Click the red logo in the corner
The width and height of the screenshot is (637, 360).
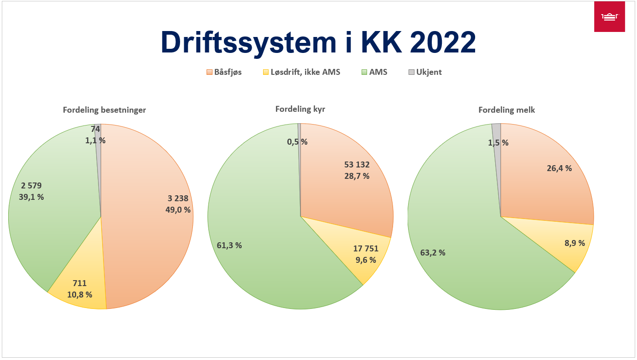(x=609, y=17)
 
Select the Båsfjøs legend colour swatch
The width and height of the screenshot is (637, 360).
(x=209, y=72)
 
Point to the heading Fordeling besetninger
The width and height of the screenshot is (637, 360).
(x=104, y=110)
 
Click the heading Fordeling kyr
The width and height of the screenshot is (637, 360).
(x=300, y=109)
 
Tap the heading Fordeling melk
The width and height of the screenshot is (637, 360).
(x=500, y=110)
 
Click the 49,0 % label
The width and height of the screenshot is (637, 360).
(x=178, y=210)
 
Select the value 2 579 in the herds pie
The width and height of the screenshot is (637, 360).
(x=31, y=186)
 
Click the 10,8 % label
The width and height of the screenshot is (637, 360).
(x=79, y=294)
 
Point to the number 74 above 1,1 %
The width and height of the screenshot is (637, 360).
(x=95, y=129)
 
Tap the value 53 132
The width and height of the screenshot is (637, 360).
(x=357, y=165)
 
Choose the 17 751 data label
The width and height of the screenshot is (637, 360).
(x=366, y=249)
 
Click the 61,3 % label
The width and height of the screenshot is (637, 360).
(x=229, y=245)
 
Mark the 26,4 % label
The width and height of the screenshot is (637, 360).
(x=559, y=168)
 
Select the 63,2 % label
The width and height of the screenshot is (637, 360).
(x=433, y=252)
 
